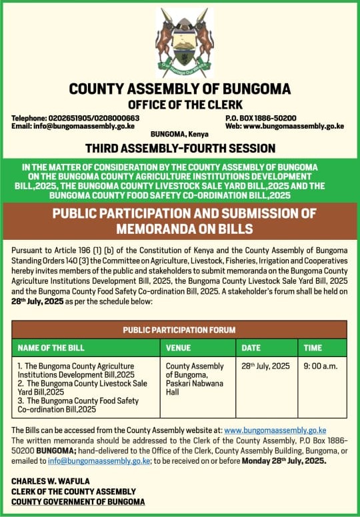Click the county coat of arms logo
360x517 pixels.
pyautogui.click(x=185, y=41)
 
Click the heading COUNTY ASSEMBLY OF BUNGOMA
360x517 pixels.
pyautogui.click(x=180, y=89)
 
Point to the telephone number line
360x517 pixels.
pyautogui.click(x=67, y=118)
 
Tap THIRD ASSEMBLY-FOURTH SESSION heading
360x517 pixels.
pyautogui.click(x=180, y=147)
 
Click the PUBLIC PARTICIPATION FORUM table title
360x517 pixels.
pyautogui.click(x=179, y=329)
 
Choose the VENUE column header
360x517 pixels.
pyautogui.click(x=178, y=348)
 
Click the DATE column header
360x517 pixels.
pyautogui.click(x=251, y=348)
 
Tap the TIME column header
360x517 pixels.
pyautogui.click(x=313, y=348)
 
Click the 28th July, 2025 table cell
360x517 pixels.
pyautogui.click(x=265, y=366)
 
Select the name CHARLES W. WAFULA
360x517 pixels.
pyautogui.click(x=51, y=480)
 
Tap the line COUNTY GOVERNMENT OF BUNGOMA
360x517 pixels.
pyautogui.click(x=77, y=501)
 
